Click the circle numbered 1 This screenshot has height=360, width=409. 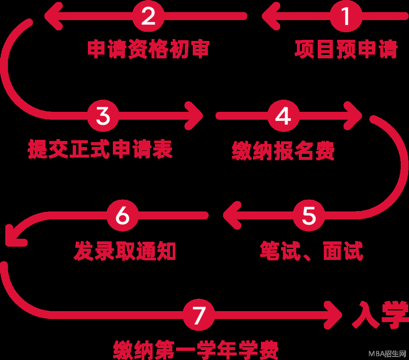(x=346, y=16)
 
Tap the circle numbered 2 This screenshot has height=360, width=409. (x=148, y=16)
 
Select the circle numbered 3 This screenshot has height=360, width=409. (x=103, y=116)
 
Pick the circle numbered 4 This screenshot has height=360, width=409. (x=283, y=116)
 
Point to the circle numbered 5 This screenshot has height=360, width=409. (x=309, y=216)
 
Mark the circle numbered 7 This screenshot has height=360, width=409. (x=199, y=315)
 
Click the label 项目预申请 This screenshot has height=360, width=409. (x=346, y=49)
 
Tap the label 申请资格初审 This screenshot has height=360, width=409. (x=148, y=49)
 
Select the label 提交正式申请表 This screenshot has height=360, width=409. (x=100, y=149)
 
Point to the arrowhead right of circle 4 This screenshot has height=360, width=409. (x=354, y=116)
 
